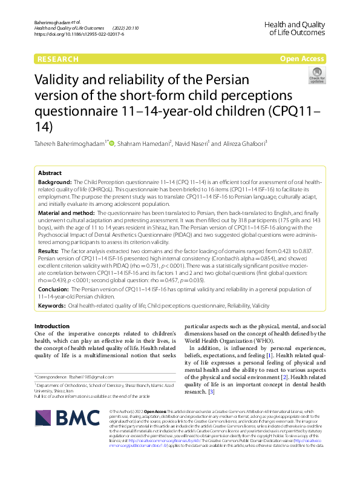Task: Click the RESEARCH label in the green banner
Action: [58, 59]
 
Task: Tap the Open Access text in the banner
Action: [303, 59]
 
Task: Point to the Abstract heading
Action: [50, 173]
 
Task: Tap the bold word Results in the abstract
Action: [48, 250]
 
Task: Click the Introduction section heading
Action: [52, 326]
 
